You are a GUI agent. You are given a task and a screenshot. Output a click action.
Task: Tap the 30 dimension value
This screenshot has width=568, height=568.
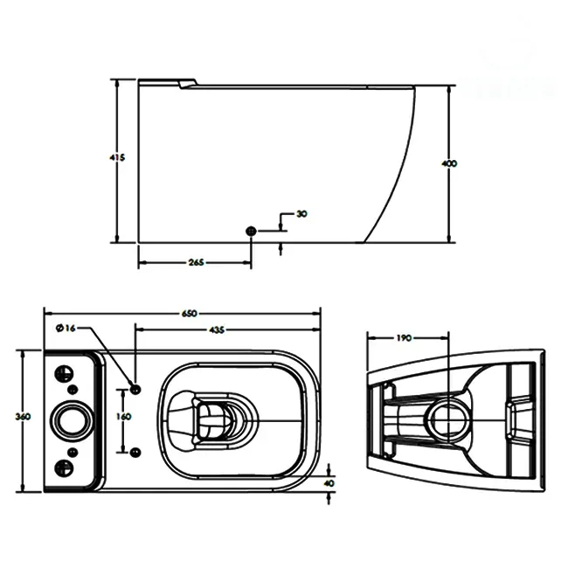point(301,213)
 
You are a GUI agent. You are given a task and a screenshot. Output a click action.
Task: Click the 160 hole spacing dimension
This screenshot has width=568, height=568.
point(123,417)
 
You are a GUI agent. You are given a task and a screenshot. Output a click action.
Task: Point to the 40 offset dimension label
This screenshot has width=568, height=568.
point(329,481)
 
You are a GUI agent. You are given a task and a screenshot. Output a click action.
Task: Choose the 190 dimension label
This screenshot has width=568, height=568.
point(405,337)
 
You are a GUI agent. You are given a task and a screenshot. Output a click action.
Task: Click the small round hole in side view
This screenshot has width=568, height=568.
point(252,230)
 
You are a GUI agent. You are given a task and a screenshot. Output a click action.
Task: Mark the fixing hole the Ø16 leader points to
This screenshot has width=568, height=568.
point(135,387)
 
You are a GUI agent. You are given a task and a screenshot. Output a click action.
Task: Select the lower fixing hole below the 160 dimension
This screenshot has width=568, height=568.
point(135,452)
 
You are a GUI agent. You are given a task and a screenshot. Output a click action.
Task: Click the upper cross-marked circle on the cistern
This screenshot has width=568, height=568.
point(64,372)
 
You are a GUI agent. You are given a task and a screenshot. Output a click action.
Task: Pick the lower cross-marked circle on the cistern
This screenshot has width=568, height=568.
point(64,466)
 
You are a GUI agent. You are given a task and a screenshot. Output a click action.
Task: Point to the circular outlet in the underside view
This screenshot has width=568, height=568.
point(450,416)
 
